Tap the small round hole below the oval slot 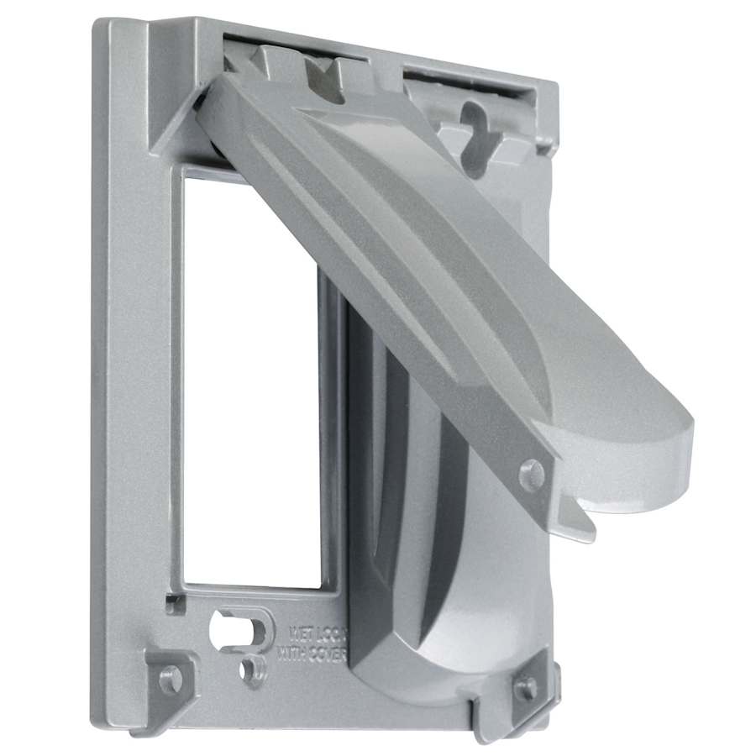(249, 670)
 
